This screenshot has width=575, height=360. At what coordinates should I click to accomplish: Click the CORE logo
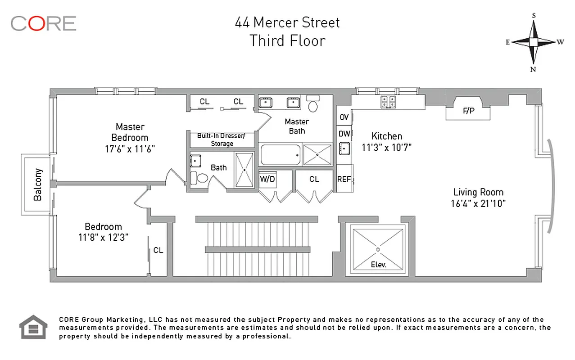click(43, 23)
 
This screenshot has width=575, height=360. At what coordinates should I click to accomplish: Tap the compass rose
click(534, 42)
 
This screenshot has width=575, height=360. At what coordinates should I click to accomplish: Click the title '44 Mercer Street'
click(287, 22)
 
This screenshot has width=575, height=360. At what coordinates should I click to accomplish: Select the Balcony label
click(38, 184)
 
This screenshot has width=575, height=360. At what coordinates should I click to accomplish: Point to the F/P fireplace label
click(468, 111)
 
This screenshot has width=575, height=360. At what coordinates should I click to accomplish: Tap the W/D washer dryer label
click(267, 179)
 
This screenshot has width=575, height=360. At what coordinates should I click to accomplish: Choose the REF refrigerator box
click(344, 179)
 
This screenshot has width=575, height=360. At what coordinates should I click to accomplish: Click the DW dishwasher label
click(344, 133)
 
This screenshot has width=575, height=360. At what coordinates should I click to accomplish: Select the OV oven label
click(344, 117)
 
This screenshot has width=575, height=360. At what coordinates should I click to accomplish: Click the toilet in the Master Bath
click(313, 104)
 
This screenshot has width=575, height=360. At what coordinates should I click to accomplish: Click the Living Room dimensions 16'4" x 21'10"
click(478, 203)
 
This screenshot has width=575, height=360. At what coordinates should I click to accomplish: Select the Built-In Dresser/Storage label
click(222, 139)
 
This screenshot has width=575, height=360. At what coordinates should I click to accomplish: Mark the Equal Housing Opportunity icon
click(33, 327)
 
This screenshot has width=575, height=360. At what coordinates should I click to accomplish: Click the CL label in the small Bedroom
click(158, 250)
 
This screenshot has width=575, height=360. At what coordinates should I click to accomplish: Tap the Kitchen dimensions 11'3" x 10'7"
click(386, 147)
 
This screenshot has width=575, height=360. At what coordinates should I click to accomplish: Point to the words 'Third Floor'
click(287, 40)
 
